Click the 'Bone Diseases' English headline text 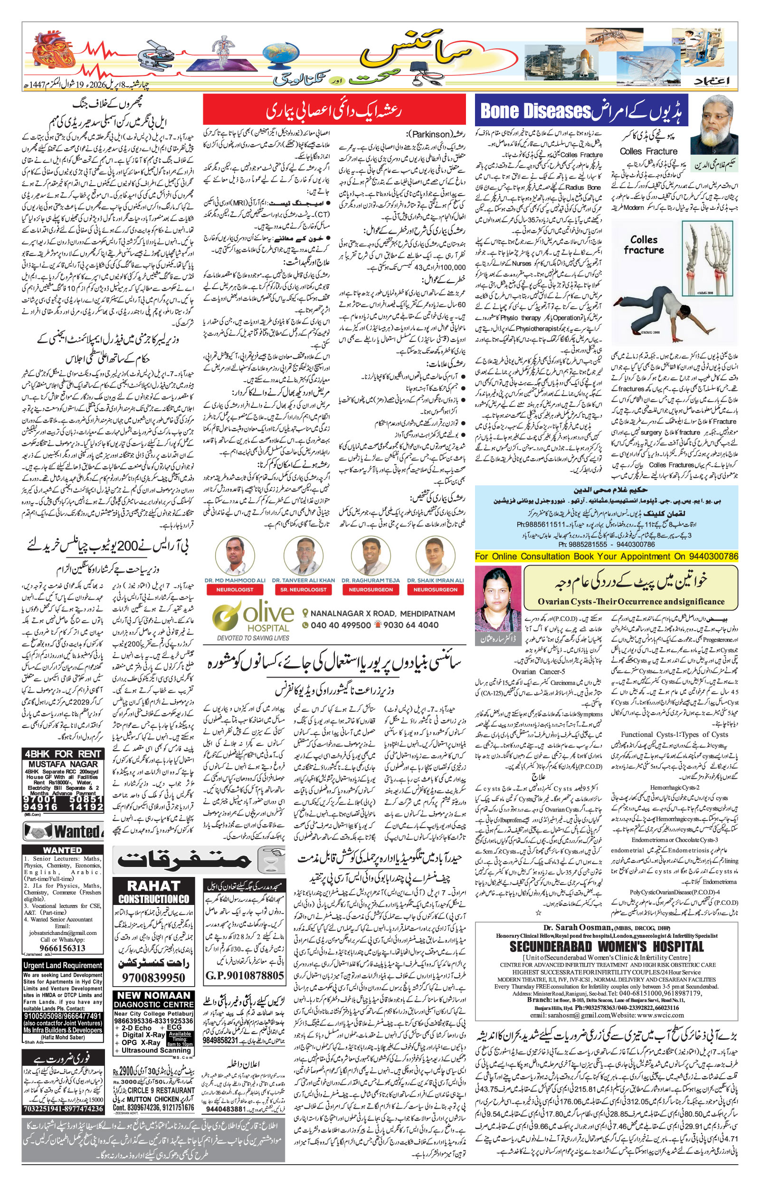click(535, 111)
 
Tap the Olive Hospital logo click(253, 618)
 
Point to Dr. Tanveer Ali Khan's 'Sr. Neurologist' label click(303, 589)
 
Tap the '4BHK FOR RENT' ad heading click(63, 754)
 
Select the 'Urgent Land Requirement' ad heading click(63, 965)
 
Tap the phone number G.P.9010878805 click(244, 975)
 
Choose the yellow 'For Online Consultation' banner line click(607, 556)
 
